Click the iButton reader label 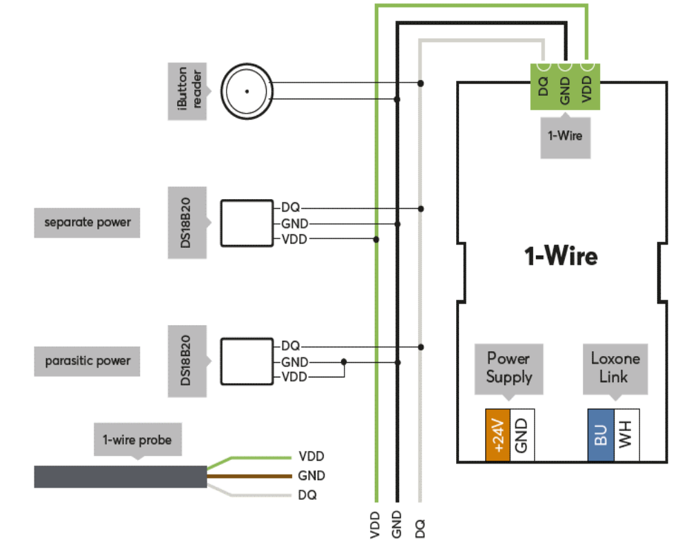click(x=187, y=91)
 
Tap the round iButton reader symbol click(x=247, y=91)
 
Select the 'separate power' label click(x=87, y=222)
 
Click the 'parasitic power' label click(x=87, y=361)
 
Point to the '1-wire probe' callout click(x=137, y=439)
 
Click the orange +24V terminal click(x=498, y=435)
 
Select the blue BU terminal click(x=600, y=435)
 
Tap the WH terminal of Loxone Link click(x=626, y=435)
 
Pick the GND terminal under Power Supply click(x=522, y=435)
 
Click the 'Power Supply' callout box click(x=509, y=368)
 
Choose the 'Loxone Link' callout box click(x=615, y=368)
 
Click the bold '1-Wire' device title click(x=561, y=257)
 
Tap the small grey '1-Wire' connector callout click(x=565, y=136)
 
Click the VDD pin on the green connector click(x=586, y=86)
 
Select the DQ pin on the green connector click(x=543, y=86)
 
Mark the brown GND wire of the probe click(x=248, y=475)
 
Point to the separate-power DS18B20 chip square click(x=247, y=223)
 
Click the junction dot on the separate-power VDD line click(x=376, y=239)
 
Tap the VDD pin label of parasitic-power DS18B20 click(x=294, y=377)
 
